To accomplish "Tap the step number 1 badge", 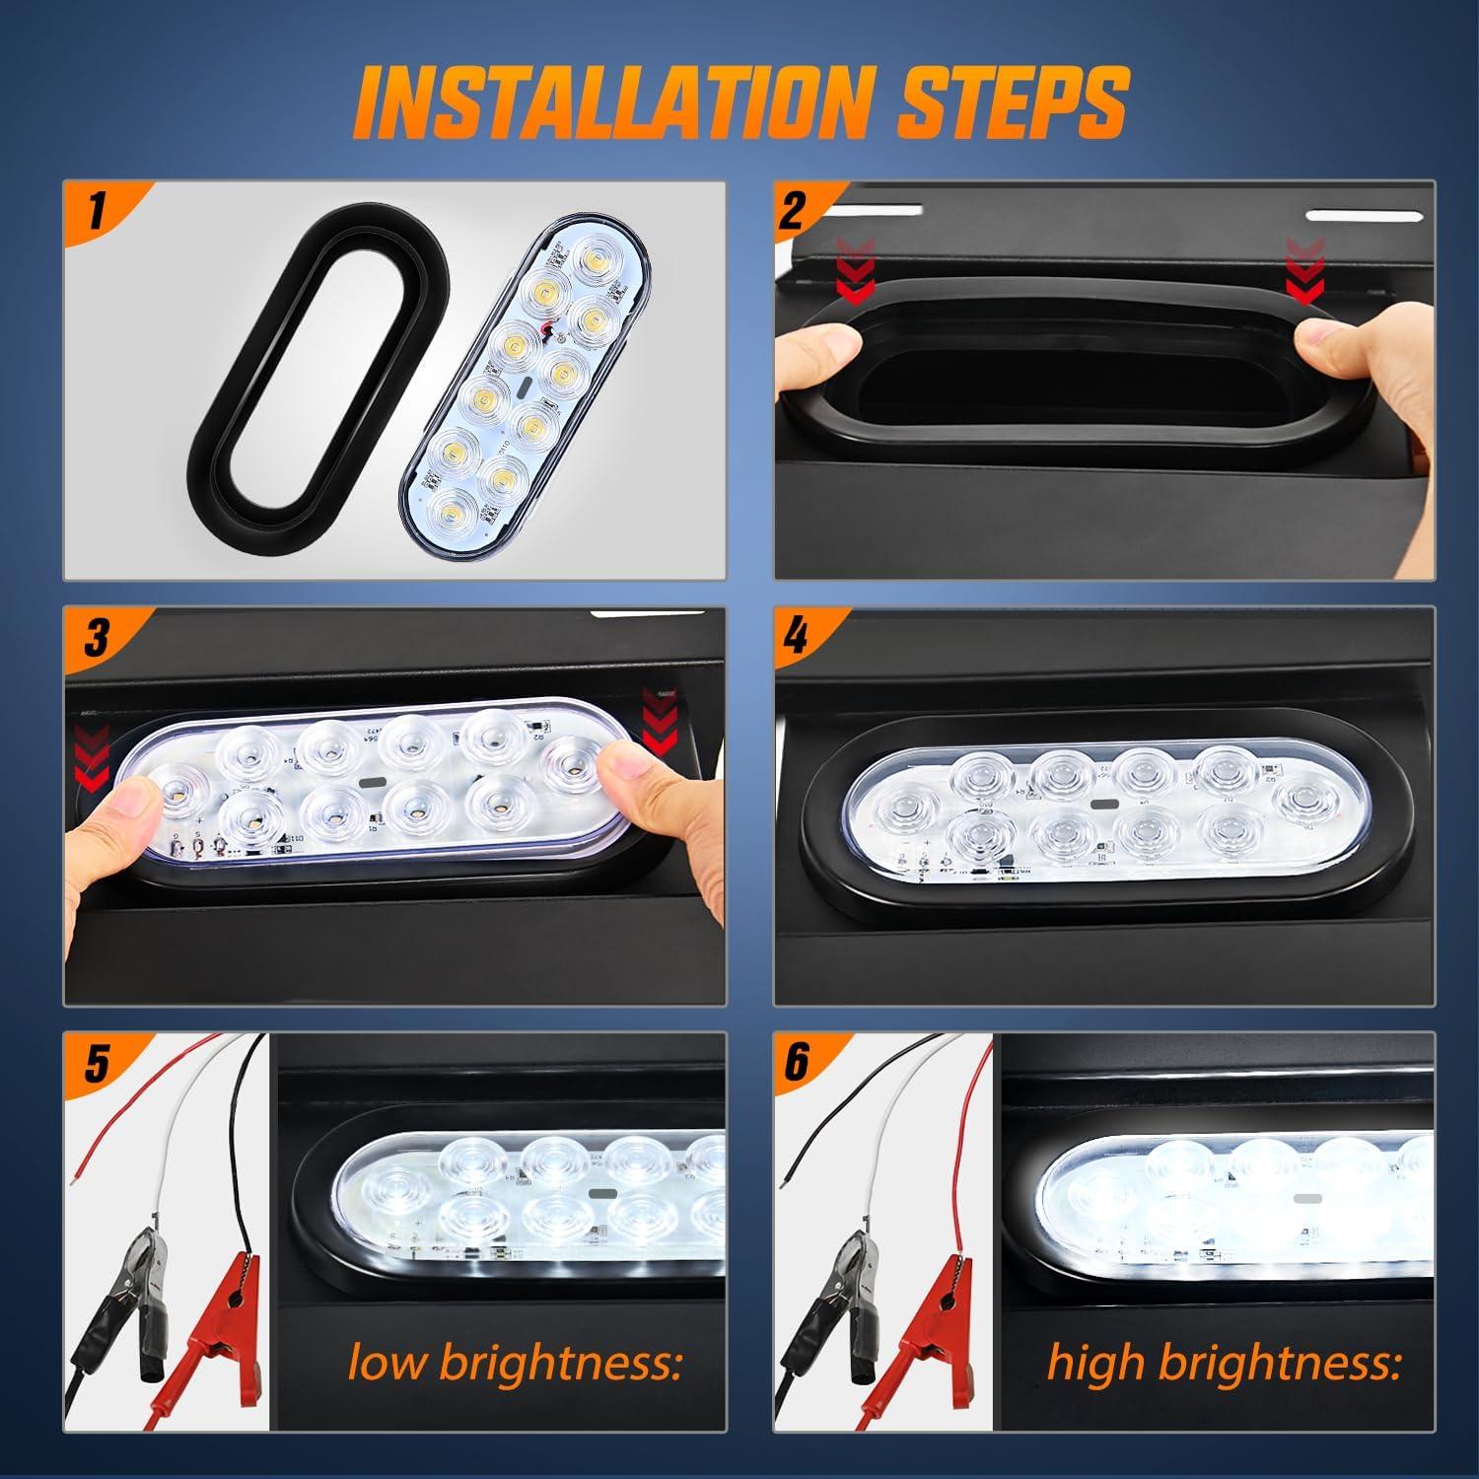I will coord(97,212).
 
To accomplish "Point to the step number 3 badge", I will coord(97,638).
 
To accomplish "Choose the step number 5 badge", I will coord(97,1064).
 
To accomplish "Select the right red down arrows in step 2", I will coord(1306,271).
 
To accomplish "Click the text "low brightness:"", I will coord(515,1363).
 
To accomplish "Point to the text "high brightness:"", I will coord(1224,1363).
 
